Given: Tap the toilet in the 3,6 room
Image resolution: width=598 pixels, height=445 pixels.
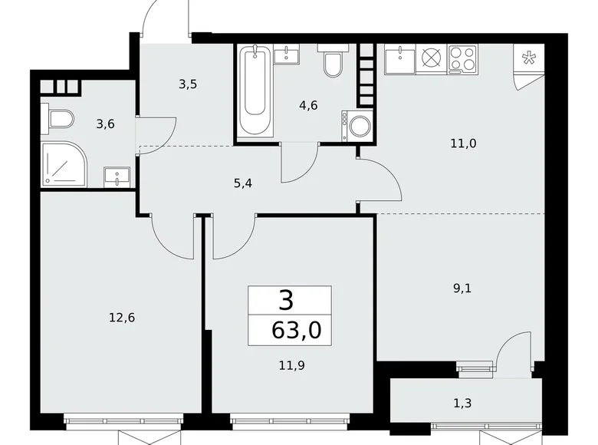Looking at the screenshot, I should (59, 119).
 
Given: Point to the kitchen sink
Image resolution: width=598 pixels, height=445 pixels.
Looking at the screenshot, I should (399, 58).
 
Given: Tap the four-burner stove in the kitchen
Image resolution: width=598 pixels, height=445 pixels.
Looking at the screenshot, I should (462, 58).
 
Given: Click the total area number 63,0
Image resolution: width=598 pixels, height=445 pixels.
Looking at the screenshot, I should (291, 331).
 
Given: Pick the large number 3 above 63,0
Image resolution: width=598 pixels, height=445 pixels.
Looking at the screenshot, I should (286, 299).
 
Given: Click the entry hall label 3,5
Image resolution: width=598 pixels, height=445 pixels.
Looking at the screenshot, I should (188, 84).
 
